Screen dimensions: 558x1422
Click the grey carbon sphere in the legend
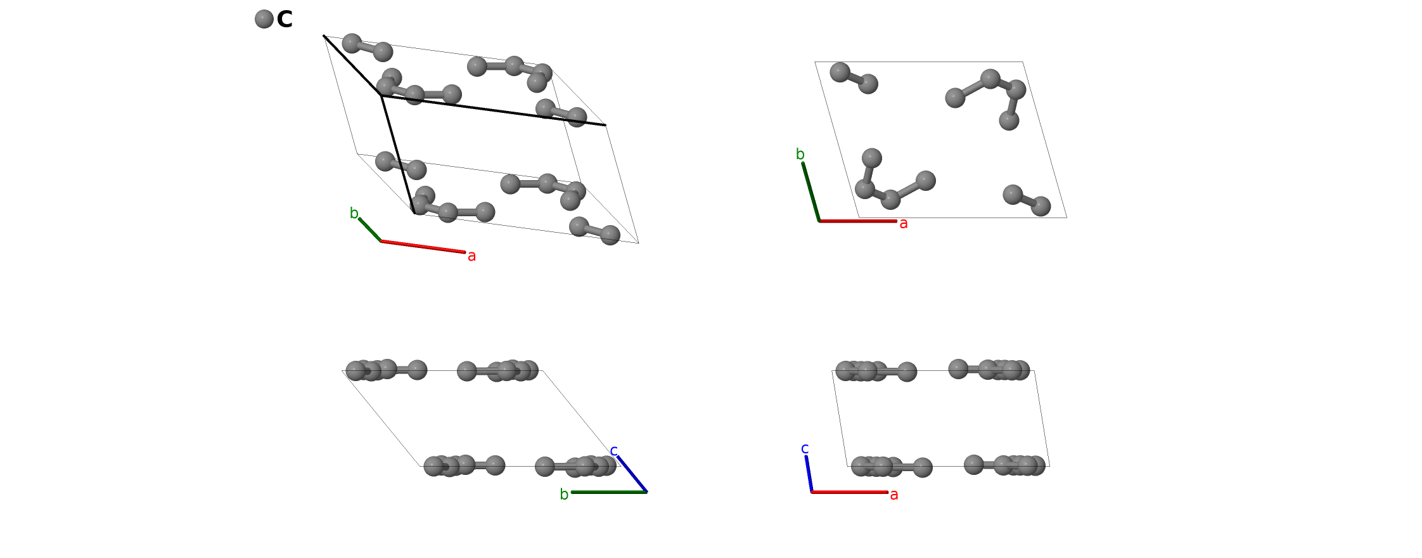[x=264, y=19]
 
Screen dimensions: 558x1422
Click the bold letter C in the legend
[x=285, y=20]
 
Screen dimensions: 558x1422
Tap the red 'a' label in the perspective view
[x=471, y=256]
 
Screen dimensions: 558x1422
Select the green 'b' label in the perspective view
[x=354, y=214]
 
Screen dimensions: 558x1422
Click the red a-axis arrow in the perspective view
[x=423, y=247]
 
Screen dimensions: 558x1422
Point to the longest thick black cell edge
[x=493, y=110]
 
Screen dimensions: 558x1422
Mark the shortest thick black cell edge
[x=352, y=65]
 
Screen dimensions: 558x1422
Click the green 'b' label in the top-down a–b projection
[x=800, y=154]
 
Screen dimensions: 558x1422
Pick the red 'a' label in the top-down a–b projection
[x=904, y=223]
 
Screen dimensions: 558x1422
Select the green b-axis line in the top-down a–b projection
[x=811, y=192]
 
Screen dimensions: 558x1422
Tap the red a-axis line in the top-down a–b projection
[x=858, y=221]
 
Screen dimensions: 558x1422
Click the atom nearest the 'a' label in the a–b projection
[x=1041, y=206]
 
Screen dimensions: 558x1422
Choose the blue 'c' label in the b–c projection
[x=613, y=451]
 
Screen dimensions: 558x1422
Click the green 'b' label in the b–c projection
[x=564, y=495]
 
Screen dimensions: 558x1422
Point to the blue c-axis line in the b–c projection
[x=632, y=474]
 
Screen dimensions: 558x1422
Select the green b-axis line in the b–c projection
[x=608, y=492]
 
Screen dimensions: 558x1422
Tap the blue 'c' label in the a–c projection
[x=805, y=449]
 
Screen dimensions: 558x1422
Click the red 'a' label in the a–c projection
[x=894, y=495]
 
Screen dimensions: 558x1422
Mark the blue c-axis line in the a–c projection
[x=809, y=474]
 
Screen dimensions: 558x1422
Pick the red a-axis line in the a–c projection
[x=849, y=492]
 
